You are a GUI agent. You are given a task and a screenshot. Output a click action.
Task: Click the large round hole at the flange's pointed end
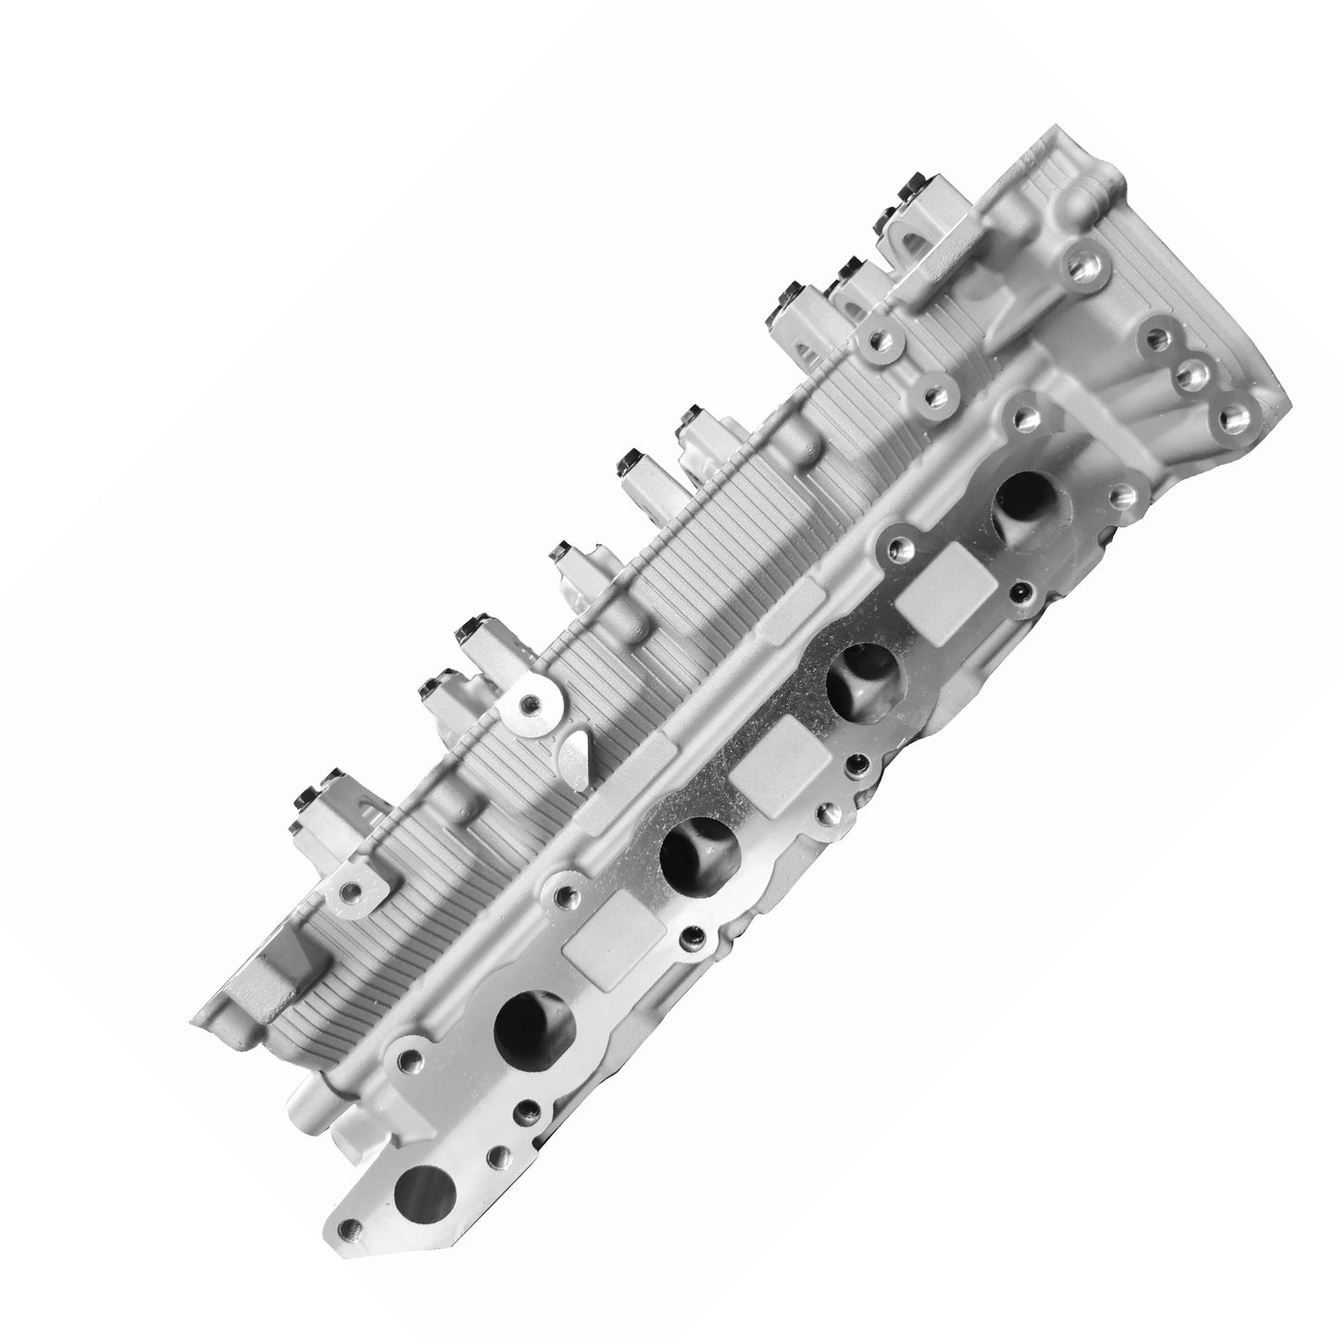[x=424, y=1190]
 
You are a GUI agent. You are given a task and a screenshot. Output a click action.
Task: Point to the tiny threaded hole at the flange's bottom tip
[x=349, y=1228]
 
